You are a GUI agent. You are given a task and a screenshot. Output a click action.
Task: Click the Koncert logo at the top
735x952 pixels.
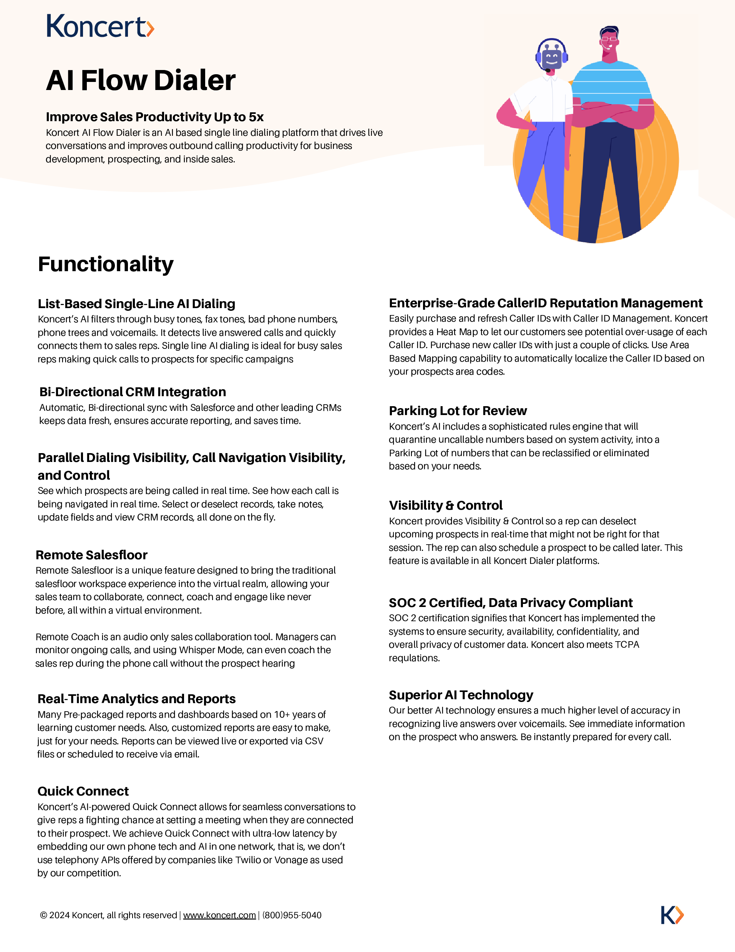coord(100,26)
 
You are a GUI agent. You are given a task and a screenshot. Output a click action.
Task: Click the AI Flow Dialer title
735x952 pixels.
coord(141,81)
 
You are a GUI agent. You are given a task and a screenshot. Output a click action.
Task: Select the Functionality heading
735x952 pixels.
coord(106,264)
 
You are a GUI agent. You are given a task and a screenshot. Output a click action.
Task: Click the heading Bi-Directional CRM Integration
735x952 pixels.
coord(133,392)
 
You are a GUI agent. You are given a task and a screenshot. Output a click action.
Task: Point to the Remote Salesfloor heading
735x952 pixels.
coord(91,555)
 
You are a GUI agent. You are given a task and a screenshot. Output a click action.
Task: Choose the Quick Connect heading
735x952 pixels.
coord(83,791)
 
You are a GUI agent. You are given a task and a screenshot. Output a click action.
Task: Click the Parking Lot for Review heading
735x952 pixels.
coord(458,411)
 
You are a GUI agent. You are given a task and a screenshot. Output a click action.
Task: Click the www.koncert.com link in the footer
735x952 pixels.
coord(219,915)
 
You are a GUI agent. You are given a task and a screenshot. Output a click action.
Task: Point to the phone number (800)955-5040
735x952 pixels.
coord(292,915)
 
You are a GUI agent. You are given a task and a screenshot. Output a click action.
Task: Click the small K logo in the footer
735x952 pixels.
coord(672,915)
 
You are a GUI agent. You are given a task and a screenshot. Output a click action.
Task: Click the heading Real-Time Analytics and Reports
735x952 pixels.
coord(136,699)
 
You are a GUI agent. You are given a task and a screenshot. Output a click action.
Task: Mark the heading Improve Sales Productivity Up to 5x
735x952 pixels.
coord(154,117)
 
